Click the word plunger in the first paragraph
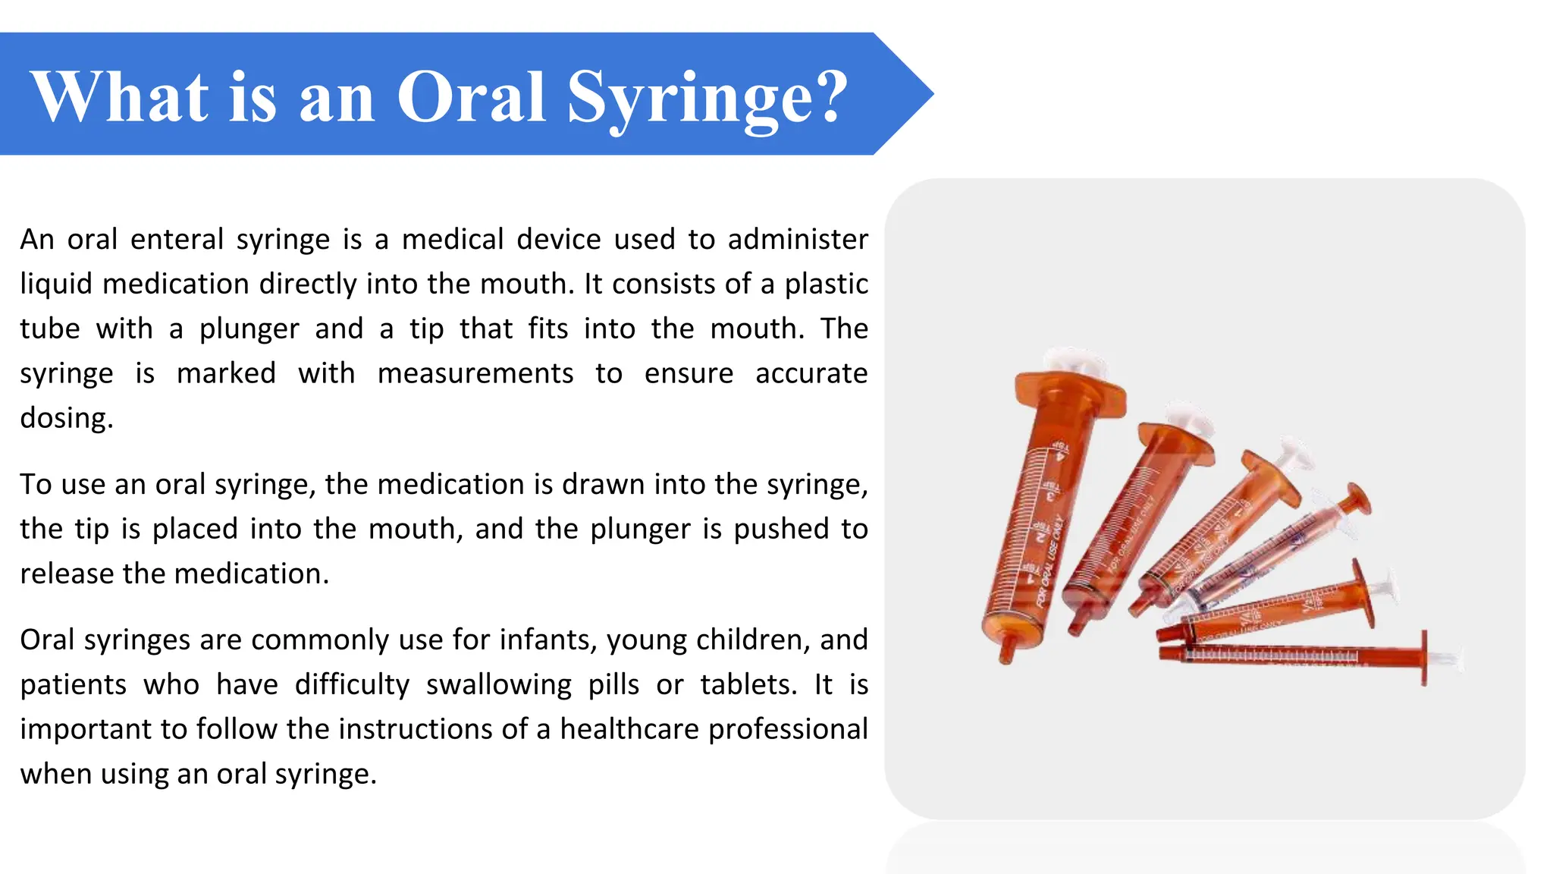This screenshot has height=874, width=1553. pyautogui.click(x=249, y=329)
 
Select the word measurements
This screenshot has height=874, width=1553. pyautogui.click(x=475, y=374)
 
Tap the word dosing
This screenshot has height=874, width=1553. pyautogui.click(x=66, y=419)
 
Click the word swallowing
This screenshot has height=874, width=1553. pyautogui.click(x=498, y=685)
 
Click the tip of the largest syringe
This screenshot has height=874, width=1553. pyautogui.click(x=1008, y=649)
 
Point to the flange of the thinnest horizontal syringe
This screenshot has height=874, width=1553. pyautogui.click(x=1424, y=657)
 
